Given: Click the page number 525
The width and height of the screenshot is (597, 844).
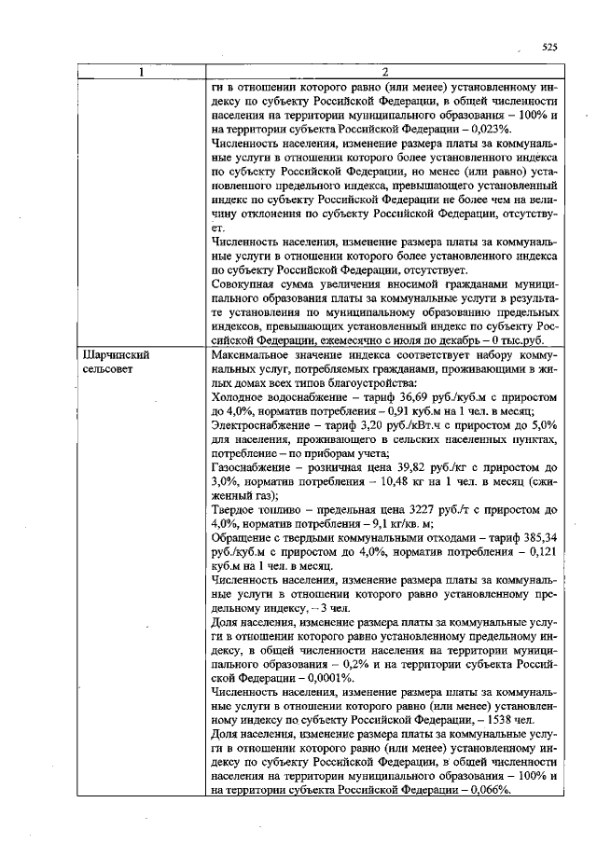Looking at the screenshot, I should [x=549, y=46].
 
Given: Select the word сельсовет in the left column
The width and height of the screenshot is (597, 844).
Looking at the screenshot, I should [x=111, y=369].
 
